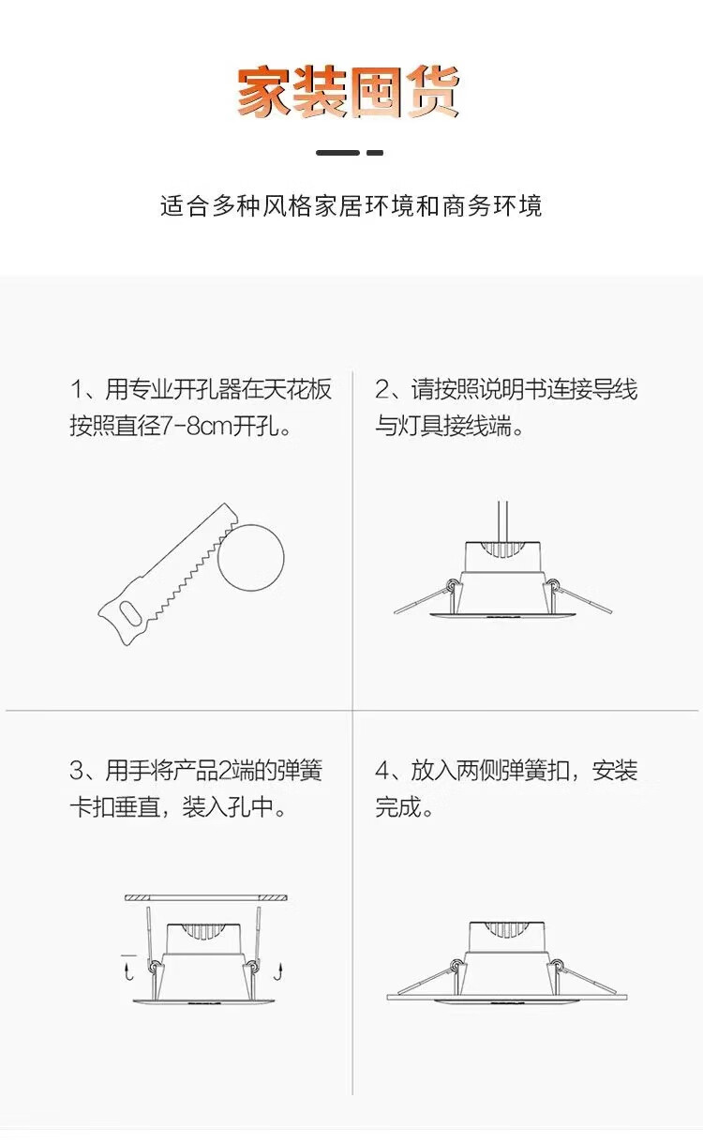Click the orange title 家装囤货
point(349,92)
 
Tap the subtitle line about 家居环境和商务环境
point(351,206)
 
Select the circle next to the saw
point(251,557)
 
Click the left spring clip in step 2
point(425,597)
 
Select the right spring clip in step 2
point(579,596)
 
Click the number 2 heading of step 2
point(382,389)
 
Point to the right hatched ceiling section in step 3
point(273,898)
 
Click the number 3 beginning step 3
point(77,771)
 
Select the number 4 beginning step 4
point(382,771)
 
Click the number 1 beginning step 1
point(77,389)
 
